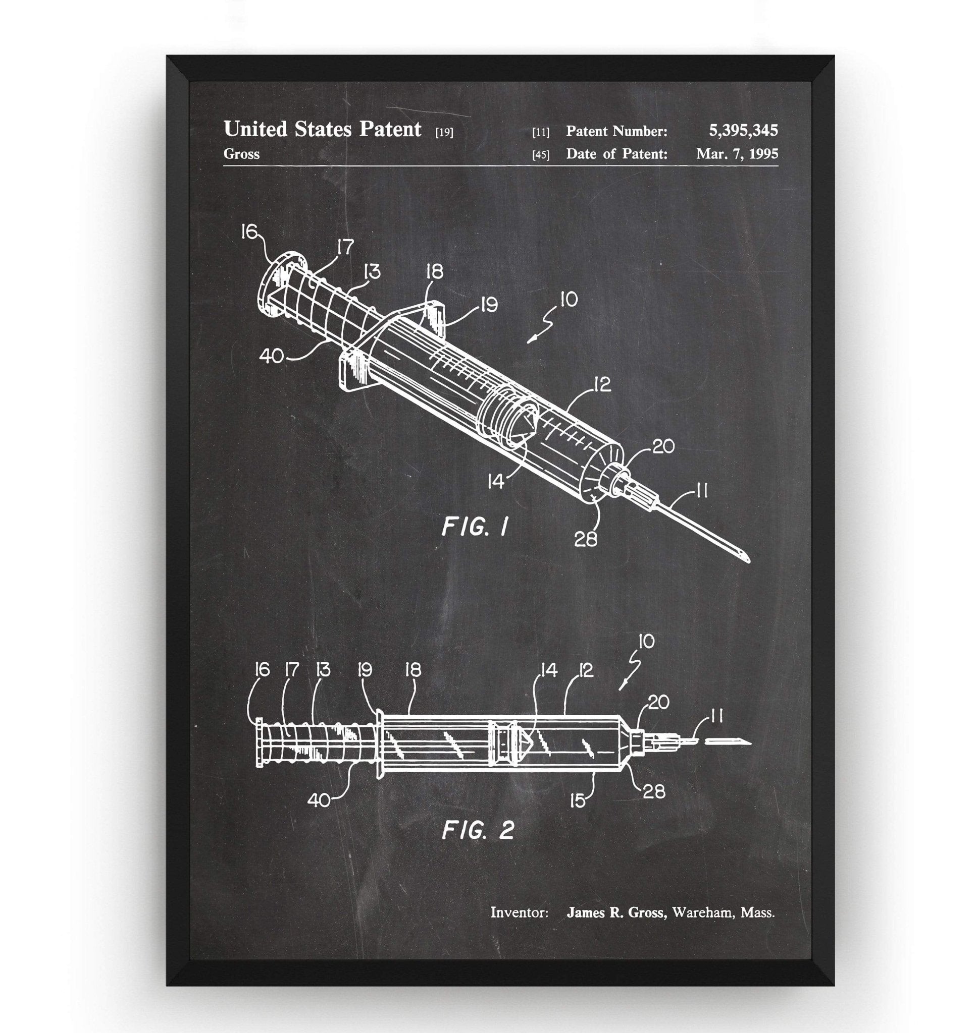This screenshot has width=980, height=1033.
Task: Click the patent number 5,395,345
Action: [743, 131]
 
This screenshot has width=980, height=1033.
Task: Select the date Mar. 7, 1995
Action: [737, 153]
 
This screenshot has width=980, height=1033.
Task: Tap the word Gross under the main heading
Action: [241, 154]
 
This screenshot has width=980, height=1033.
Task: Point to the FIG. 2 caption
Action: [479, 830]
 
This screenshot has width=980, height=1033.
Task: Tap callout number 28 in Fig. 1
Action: [585, 539]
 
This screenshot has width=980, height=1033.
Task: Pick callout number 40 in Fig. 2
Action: [319, 800]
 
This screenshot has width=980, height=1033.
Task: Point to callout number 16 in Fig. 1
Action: [250, 231]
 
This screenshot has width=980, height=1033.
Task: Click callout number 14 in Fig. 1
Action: [495, 481]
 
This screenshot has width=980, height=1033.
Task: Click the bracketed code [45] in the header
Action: [541, 154]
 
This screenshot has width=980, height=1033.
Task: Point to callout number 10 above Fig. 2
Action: [646, 642]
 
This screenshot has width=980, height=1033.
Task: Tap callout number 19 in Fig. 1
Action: [489, 305]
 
